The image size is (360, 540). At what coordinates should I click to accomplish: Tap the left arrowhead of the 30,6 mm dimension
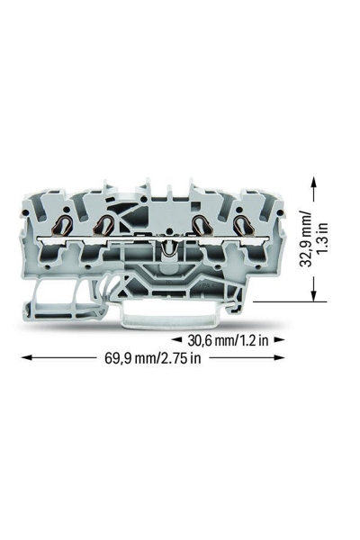coord(176,341)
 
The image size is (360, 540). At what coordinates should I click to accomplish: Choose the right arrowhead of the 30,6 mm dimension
coord(279,341)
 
